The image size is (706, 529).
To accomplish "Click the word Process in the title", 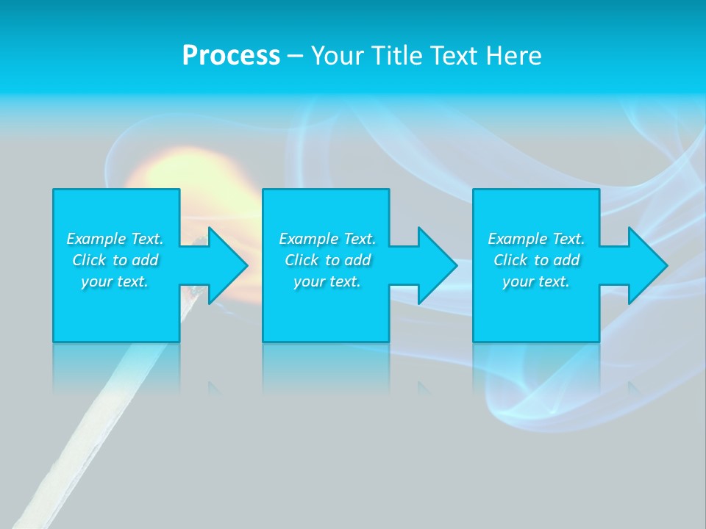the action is tap(231, 56).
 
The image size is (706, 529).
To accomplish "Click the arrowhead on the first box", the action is tap(224, 265).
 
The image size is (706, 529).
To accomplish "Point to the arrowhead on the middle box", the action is tap(435, 265).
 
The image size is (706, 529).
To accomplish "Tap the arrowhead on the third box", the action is tap(645, 265).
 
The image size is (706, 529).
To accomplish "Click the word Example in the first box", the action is tap(96, 239).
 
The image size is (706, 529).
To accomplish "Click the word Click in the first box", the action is tap(90, 260).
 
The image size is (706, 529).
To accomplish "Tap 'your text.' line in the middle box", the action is tap(327, 281).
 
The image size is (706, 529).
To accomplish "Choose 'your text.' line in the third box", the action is tap(535, 281).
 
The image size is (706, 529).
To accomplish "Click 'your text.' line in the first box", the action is tap(114, 281).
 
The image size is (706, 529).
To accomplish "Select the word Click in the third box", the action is tap(511, 260).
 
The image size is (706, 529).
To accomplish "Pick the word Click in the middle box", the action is tap(302, 260).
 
